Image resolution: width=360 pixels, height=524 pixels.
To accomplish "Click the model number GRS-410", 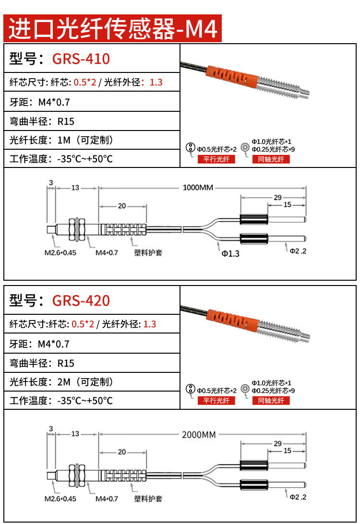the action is point(81,59).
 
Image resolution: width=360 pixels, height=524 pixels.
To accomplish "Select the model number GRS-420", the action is point(81,300).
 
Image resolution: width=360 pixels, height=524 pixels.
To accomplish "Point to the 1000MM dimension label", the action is point(197,188).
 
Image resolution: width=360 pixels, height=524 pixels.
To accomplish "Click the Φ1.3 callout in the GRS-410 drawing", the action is point(230,253).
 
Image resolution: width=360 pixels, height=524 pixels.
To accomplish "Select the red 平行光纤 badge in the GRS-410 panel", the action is point(216,159).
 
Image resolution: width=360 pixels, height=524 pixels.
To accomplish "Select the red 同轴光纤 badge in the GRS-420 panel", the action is point(271,401).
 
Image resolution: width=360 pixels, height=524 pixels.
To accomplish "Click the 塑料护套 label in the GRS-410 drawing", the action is point(148,252).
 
